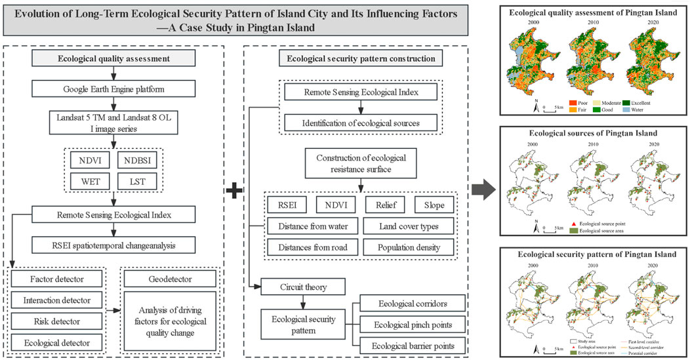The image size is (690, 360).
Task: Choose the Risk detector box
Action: (57, 321)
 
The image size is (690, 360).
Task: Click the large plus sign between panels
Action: (234, 190)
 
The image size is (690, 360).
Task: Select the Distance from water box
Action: (307, 227)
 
